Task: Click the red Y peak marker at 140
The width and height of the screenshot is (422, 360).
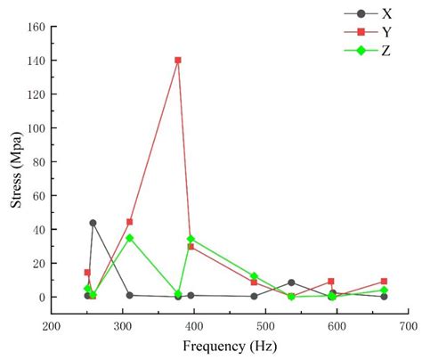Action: [x=178, y=61]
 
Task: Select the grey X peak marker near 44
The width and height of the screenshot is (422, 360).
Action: [x=93, y=223]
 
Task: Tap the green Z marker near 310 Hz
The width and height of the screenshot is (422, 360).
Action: [x=130, y=238]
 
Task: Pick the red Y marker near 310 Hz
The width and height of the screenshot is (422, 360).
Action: [x=130, y=222]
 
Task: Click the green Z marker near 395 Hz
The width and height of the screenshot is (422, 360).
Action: [x=191, y=239]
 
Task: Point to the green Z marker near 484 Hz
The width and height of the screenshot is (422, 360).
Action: [x=255, y=276]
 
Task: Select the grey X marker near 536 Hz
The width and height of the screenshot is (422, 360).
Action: [x=291, y=282]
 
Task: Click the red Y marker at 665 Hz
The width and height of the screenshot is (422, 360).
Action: [x=384, y=282]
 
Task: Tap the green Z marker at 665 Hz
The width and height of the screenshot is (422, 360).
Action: [x=384, y=290]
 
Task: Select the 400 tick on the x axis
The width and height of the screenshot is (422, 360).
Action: [x=195, y=325]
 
